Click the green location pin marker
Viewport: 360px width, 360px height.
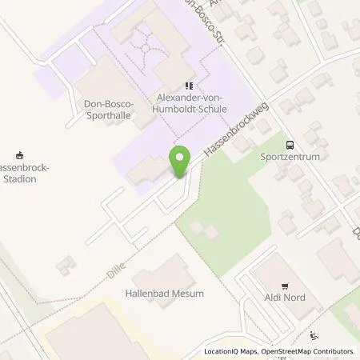pyautogui.click(x=180, y=162)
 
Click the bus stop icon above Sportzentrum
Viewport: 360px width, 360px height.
pyautogui.click(x=290, y=145)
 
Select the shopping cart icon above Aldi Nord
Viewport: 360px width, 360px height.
pyautogui.click(x=283, y=285)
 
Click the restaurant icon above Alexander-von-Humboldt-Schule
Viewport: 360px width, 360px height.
pyautogui.click(x=189, y=86)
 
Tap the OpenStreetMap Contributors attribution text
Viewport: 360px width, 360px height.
pyautogui.click(x=309, y=351)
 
